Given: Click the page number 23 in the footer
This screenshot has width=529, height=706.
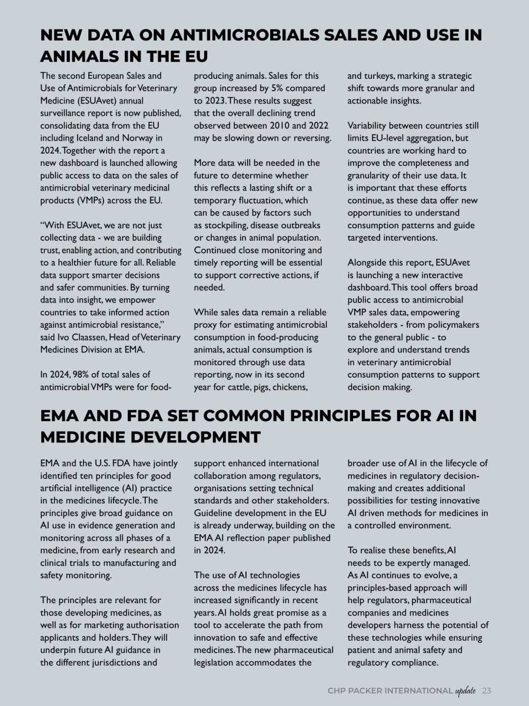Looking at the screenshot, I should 486,691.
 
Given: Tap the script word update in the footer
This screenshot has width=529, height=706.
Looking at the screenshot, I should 465,691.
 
